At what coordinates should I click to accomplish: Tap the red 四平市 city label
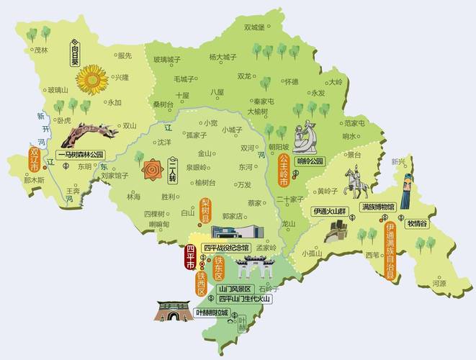(x=191, y=257)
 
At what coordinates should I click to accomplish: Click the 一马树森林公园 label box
(x=80, y=154)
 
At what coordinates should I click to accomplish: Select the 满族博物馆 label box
(x=377, y=207)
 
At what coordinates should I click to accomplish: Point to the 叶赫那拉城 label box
(x=212, y=313)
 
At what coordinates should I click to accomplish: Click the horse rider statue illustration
(x=354, y=183)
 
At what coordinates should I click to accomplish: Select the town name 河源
(x=439, y=284)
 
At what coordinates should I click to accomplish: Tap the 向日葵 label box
(x=73, y=53)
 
